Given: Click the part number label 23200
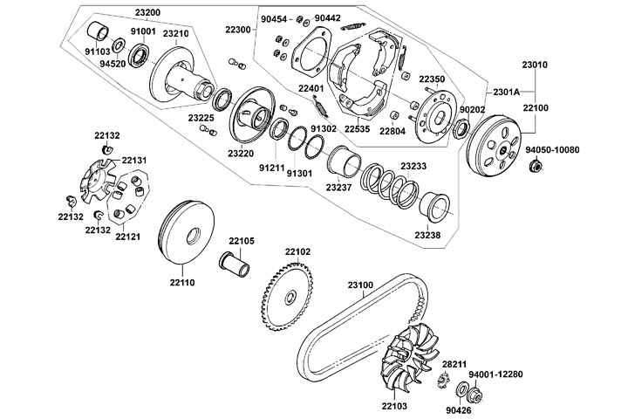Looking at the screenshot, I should [x=147, y=14].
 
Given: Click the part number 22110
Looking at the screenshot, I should [x=182, y=283].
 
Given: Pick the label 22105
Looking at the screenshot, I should [x=242, y=241].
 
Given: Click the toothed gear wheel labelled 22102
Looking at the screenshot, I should [x=287, y=295].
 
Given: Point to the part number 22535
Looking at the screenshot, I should [x=356, y=129].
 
